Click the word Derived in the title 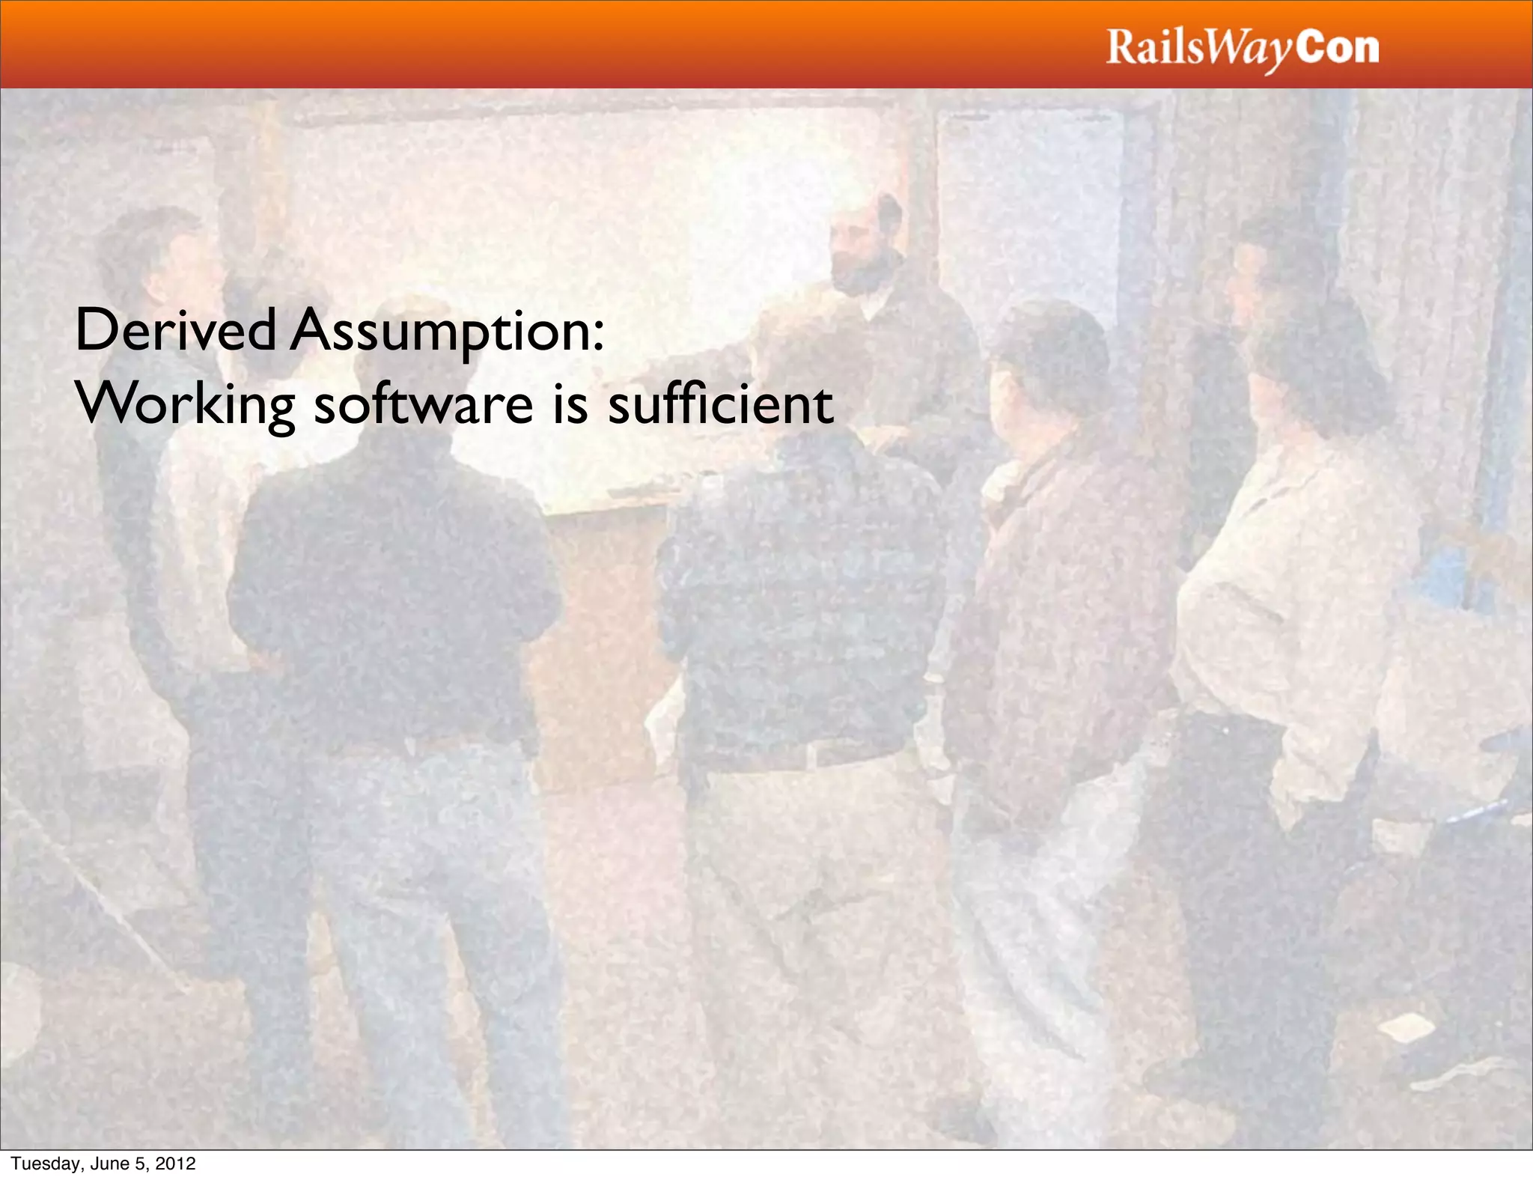175,331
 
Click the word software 423,404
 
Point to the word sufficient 720,404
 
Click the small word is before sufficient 570,404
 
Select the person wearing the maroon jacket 1055,599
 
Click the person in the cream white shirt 1287,599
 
